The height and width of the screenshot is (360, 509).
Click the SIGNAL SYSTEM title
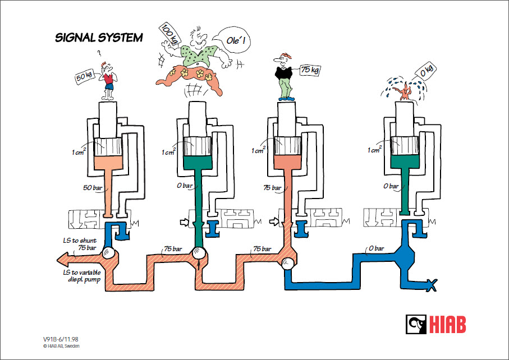pos(99,38)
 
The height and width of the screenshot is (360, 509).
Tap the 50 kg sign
pos(84,76)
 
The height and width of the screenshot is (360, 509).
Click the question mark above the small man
pos(99,54)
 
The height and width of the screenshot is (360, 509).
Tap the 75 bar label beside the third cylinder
pos(273,188)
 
